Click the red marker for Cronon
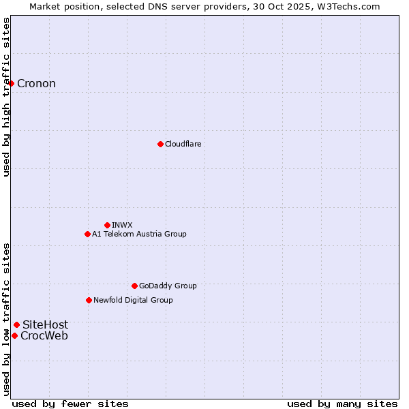[12, 83]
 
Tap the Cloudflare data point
[160, 144]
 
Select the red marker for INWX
[107, 225]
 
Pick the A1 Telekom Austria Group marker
[87, 234]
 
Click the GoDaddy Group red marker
[134, 286]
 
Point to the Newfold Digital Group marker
[89, 300]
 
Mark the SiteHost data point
[16, 324]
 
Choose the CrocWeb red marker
[14, 335]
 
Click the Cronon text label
[36, 84]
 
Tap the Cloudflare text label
[183, 144]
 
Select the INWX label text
[122, 225]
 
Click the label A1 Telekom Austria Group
[139, 234]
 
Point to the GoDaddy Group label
[168, 286]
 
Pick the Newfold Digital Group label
[133, 300]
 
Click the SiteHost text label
[45, 325]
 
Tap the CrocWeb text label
[44, 335]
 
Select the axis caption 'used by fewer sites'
[70, 404]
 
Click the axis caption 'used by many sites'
[342, 404]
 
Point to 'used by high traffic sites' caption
[7, 97]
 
